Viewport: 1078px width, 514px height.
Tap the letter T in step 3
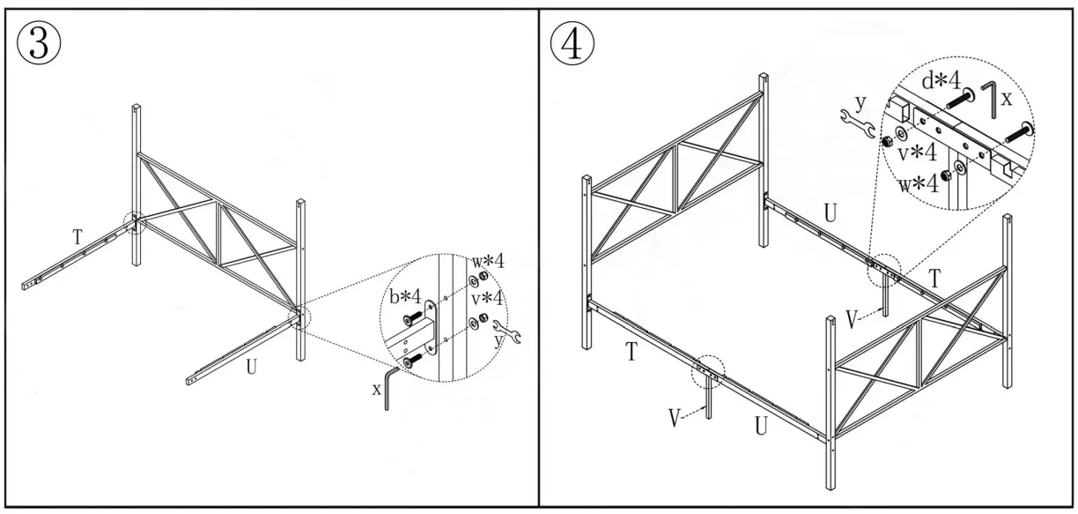[77, 236]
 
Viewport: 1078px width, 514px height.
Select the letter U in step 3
[252, 366]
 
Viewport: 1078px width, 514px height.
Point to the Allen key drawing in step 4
[992, 97]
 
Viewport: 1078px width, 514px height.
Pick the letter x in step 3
[377, 389]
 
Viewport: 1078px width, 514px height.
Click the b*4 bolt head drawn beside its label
[410, 318]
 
